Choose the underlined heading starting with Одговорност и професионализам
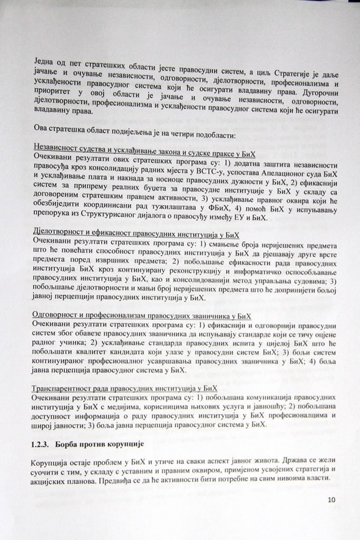[x=141, y=315]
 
